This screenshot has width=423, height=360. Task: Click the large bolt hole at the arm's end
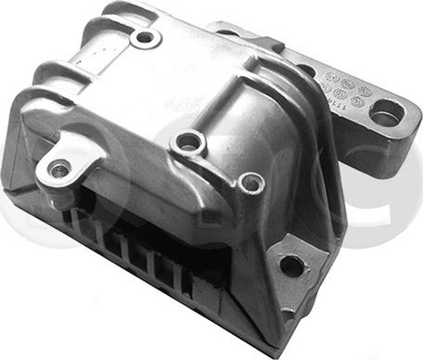[x=385, y=115]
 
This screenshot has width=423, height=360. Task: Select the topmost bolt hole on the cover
[x=145, y=40]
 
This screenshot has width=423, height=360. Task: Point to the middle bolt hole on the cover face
[x=191, y=142]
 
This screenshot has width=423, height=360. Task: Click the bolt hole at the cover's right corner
[x=250, y=183]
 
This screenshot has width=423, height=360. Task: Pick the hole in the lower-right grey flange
[x=290, y=265]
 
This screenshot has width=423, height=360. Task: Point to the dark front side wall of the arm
[x=371, y=148]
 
